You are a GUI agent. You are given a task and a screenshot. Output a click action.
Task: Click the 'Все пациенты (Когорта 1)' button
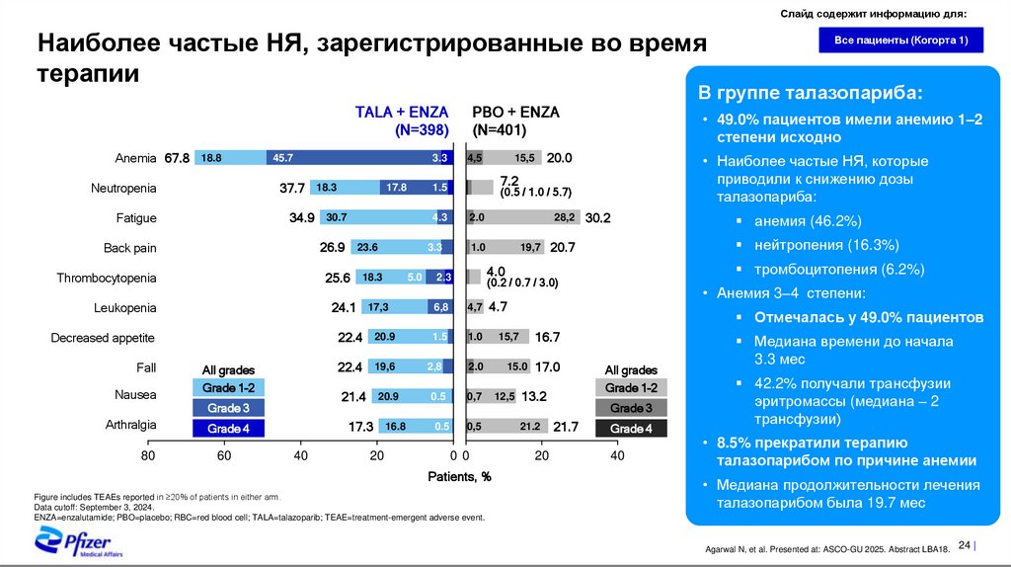point(900,40)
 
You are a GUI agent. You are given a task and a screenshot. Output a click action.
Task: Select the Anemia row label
point(136,158)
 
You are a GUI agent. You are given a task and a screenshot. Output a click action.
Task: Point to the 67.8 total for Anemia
point(177,158)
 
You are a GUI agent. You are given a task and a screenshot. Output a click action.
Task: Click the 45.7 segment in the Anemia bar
point(284,158)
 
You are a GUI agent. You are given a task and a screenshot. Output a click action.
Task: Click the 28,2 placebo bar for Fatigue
point(564,217)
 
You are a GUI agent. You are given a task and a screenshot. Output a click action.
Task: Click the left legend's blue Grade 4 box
point(229,429)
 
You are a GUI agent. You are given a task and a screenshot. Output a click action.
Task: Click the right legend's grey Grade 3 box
point(631,408)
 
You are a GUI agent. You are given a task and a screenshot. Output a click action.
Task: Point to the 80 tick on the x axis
point(148,456)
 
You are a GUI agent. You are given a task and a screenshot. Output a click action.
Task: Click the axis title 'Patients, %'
point(459,477)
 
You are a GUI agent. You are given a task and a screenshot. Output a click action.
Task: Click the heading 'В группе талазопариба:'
point(812,94)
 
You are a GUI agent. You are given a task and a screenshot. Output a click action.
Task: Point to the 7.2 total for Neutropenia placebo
point(509,180)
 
